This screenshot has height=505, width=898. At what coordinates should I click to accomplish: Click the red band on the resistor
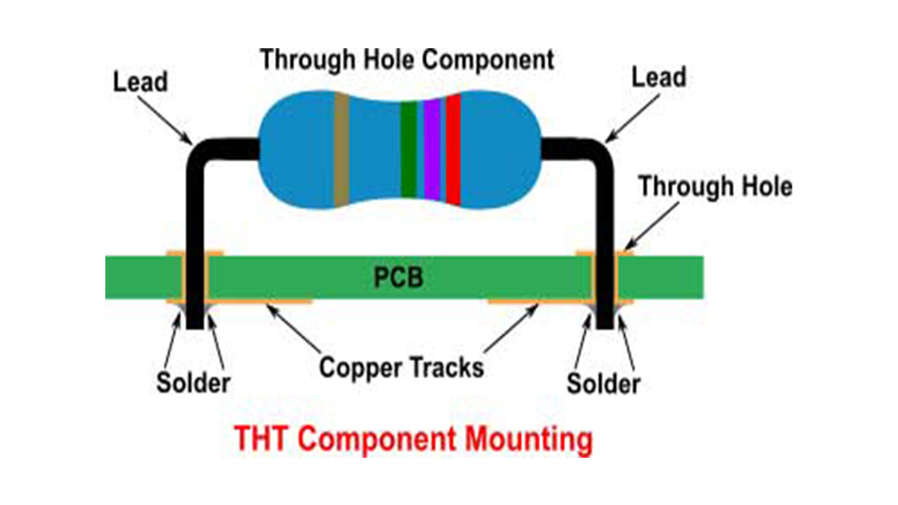(453, 150)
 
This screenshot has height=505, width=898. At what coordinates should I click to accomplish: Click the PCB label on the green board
(398, 277)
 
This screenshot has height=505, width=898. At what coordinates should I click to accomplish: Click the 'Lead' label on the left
(140, 82)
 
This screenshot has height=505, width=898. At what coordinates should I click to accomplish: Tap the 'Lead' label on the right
(659, 78)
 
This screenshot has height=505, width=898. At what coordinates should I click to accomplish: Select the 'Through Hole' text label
(715, 187)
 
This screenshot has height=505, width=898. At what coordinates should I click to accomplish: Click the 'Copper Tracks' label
(401, 368)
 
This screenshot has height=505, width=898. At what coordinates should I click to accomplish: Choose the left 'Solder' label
(193, 383)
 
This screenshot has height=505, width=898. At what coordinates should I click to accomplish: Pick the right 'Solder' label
(603, 384)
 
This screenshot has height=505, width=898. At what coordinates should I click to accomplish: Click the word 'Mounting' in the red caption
(529, 440)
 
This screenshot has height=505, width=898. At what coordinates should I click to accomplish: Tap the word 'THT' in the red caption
(261, 439)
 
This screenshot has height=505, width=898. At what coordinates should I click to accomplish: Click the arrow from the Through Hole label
(653, 225)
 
